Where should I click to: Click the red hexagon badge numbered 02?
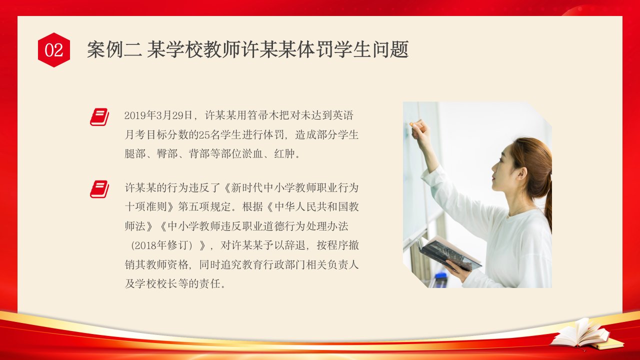[x=53, y=50]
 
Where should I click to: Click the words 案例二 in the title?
[x=114, y=49]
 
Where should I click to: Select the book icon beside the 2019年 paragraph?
[x=99, y=117]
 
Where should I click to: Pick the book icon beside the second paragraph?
[x=99, y=189]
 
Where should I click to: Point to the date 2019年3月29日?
[x=158, y=115]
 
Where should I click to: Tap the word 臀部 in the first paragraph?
[x=167, y=153]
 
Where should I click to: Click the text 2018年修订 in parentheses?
[x=161, y=245]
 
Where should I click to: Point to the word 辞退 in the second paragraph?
[x=295, y=245]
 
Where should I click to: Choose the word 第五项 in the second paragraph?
[x=194, y=207]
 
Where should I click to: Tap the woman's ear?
[x=521, y=173]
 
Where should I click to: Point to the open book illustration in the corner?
[x=583, y=335]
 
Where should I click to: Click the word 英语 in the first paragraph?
[x=343, y=115]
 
